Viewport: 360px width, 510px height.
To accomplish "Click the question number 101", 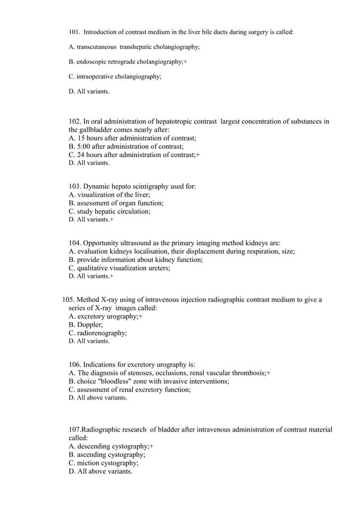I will pyautogui.click(x=75, y=32).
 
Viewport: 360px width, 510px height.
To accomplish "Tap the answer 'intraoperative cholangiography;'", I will pyautogui.click(x=119, y=76).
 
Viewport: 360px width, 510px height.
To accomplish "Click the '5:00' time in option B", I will pyautogui.click(x=85, y=146).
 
